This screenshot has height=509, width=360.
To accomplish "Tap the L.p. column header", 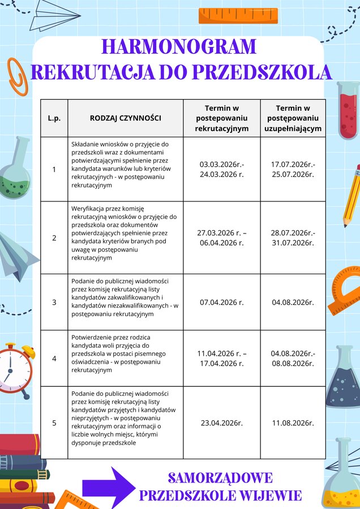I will [54, 118].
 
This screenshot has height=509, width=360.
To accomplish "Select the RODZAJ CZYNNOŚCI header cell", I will [126, 118].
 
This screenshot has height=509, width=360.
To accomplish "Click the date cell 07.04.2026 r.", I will [222, 303].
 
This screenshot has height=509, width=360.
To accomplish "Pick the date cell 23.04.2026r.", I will [222, 422].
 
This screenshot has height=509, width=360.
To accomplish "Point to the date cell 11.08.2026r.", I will [293, 422].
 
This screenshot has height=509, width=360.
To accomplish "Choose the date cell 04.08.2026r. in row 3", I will [293, 303].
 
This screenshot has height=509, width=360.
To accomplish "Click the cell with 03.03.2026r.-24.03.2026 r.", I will [222, 169].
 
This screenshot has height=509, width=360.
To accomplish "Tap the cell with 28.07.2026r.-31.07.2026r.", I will [293, 238].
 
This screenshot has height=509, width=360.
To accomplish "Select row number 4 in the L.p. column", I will [54, 359].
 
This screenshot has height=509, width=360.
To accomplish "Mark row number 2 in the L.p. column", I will [54, 238].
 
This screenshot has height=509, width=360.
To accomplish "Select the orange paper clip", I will [17, 75].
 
